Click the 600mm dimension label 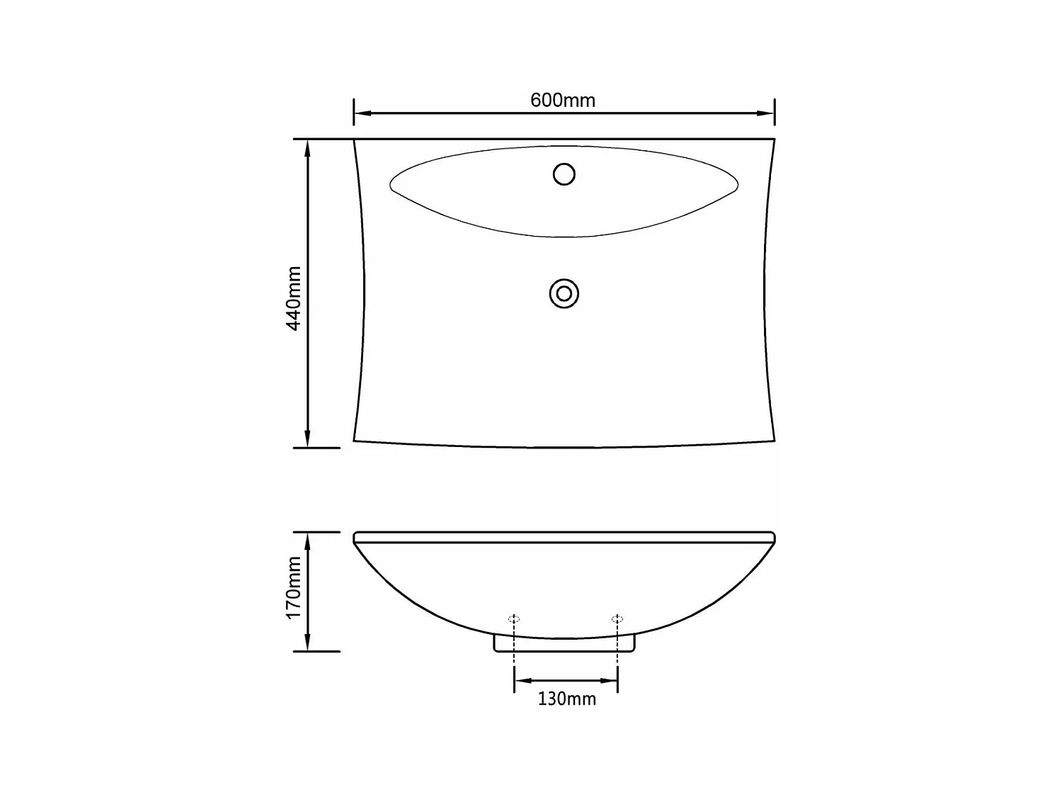pos(563,100)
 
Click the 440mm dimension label pos(294,298)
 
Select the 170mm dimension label pos(294,587)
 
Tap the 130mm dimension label pos(566,699)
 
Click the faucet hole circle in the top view pos(564,174)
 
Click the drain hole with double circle pos(564,293)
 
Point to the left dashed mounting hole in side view pos(515,619)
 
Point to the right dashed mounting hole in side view pos(617,619)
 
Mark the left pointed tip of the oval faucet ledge pos(392,185)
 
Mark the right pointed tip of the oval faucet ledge pos(737,186)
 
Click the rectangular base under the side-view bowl pos(564,645)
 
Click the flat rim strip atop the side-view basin pos(564,537)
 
